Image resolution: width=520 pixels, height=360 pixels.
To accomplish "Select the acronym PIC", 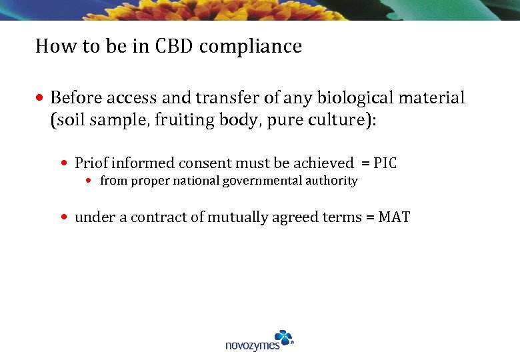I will [x=385, y=163].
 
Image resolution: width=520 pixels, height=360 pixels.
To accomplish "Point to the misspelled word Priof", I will [x=90, y=163].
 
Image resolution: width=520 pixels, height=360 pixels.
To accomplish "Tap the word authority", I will [x=332, y=181].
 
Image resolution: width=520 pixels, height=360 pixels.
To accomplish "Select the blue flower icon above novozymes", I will [x=283, y=337].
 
